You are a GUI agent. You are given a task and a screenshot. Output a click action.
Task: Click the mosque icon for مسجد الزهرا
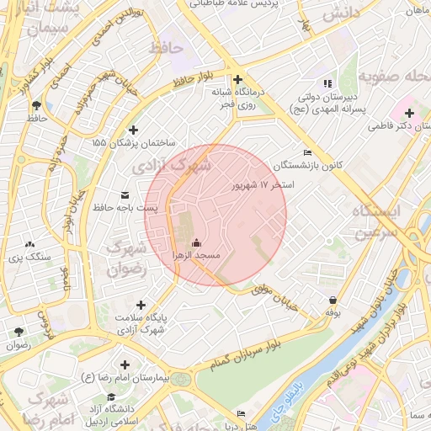click(x=196, y=243)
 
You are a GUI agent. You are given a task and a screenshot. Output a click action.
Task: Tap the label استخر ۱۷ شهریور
click(x=264, y=183)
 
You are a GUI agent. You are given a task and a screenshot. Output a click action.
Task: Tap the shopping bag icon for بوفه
click(x=333, y=300)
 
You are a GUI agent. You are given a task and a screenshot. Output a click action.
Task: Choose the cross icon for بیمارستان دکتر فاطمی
click(x=409, y=113)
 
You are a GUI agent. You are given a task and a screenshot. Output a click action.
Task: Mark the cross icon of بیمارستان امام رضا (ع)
click(x=125, y=365)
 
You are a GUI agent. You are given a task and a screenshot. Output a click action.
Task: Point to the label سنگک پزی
click(x=31, y=255)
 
